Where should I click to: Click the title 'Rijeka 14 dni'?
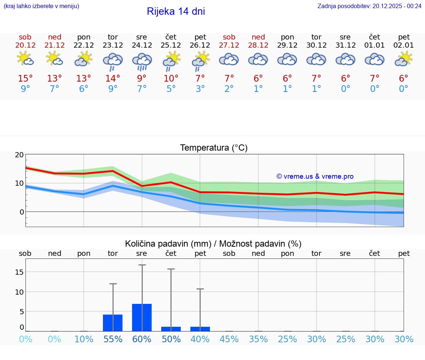[176, 11]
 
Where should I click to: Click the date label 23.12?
[113, 45]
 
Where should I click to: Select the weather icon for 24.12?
[142, 61]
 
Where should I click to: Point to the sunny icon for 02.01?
[404, 59]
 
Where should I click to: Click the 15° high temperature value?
[25, 79]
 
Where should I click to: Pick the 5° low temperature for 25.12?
[171, 89]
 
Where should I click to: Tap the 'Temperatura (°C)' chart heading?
[214, 148]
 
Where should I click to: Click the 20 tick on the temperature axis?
[19, 155]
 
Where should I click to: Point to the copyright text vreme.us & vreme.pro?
[315, 176]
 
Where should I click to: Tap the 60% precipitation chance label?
[142, 339]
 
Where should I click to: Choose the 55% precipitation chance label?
[113, 339]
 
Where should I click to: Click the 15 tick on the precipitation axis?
[19, 272]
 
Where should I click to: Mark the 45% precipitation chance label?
[229, 339]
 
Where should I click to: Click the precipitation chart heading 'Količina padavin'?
[168, 244]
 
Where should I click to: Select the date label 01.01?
[374, 45]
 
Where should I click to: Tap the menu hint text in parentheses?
[41, 6]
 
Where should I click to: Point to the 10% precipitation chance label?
[84, 339]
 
